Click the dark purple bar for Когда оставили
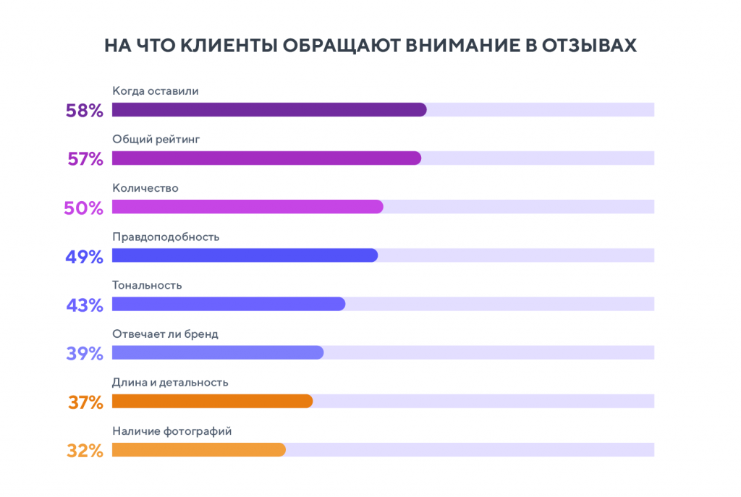[x=269, y=110]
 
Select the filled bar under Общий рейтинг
[x=266, y=158]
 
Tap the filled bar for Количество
[x=247, y=207]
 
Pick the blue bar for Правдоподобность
[x=245, y=255]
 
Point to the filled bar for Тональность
[x=229, y=304]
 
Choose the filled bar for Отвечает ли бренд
[x=218, y=352]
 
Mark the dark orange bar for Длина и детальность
[x=212, y=401]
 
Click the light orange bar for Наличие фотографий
[x=199, y=449]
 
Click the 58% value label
[x=85, y=111]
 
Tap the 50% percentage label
[x=84, y=208]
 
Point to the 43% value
[x=85, y=305]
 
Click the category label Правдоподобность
[x=166, y=237]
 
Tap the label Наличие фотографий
[x=172, y=431]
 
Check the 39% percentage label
[x=85, y=354]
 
